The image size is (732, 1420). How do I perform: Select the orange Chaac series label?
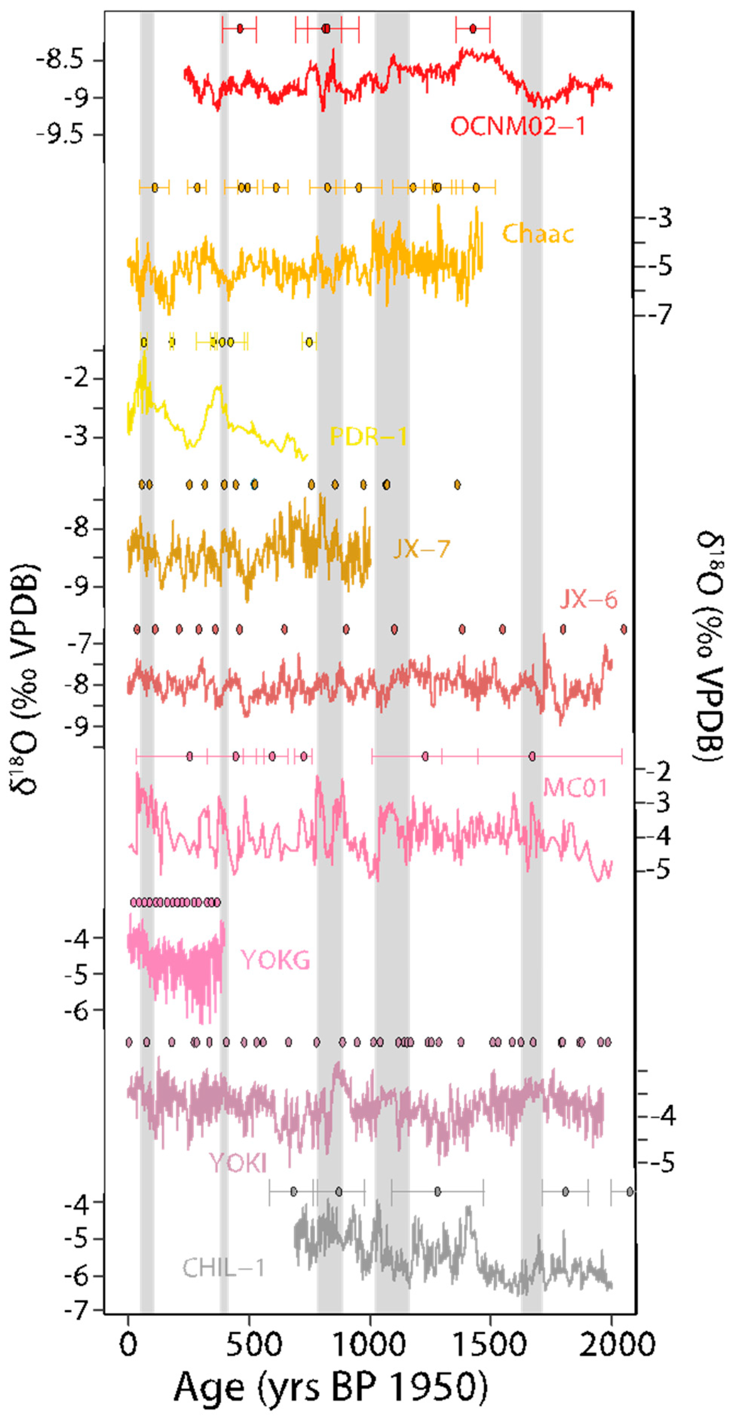point(537,234)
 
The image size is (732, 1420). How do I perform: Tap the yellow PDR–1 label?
point(368,437)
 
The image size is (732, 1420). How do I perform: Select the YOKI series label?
point(238,1163)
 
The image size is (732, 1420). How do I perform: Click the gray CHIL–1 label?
point(224,1269)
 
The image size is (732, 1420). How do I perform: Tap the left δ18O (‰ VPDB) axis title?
point(25,678)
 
